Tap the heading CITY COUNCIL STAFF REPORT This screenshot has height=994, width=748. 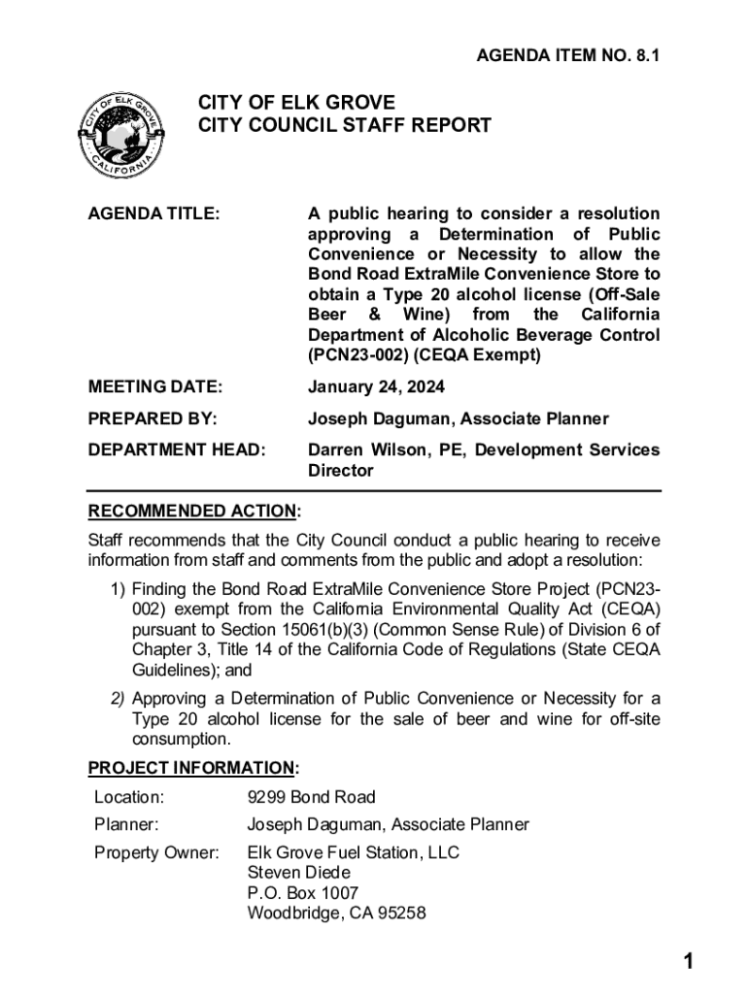coord(345,126)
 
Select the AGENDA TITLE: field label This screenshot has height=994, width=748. coord(153,214)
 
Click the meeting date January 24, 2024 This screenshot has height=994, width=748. coord(376,387)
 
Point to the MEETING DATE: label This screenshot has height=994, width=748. coord(155,387)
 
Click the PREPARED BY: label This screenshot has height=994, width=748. coord(153,419)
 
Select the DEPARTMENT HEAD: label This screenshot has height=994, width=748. coord(176,450)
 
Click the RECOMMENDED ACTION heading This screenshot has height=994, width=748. coord(191,512)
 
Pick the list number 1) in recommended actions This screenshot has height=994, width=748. coord(117,589)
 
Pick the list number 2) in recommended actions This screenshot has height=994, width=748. coord(117,699)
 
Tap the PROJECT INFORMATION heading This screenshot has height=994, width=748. coord(191,769)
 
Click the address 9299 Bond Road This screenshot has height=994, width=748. coord(311,798)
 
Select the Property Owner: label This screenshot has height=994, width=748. coord(156,853)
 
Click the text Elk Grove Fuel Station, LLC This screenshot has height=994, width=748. coord(354,853)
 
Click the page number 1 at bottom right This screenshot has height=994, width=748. coord(688,962)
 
